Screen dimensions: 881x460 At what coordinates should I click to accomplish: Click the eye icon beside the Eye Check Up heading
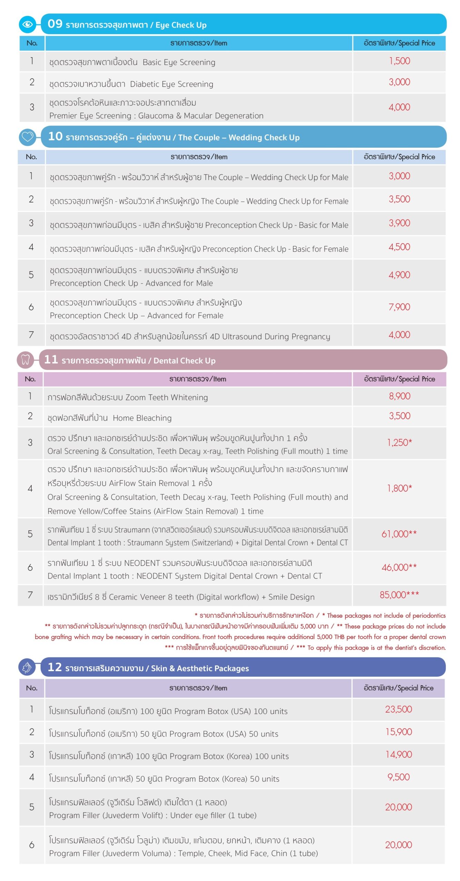click(x=28, y=24)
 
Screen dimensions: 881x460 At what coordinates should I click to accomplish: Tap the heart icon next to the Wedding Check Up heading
click(x=28, y=137)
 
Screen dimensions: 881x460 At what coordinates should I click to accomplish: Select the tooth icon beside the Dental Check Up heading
click(x=25, y=360)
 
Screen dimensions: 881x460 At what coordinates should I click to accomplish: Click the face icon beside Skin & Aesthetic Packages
click(x=27, y=667)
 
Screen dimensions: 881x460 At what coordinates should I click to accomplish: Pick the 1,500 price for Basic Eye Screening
click(x=399, y=61)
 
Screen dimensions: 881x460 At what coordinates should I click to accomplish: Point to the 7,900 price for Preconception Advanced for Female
click(x=399, y=307)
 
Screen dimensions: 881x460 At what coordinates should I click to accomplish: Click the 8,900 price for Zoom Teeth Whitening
click(x=399, y=396)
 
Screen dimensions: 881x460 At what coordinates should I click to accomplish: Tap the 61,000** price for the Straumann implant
click(x=399, y=533)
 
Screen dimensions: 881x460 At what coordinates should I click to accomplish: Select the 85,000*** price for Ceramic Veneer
click(x=399, y=594)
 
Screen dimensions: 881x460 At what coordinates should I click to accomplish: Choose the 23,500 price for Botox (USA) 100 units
click(x=398, y=709)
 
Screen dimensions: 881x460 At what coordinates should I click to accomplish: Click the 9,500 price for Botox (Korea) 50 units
click(x=398, y=777)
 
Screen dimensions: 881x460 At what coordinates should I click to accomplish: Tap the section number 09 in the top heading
click(x=55, y=24)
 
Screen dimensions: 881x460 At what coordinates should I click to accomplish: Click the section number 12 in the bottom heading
click(x=54, y=667)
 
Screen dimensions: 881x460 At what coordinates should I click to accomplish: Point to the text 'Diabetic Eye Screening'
click(x=172, y=84)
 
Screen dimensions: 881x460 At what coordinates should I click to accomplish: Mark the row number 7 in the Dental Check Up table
click(x=30, y=595)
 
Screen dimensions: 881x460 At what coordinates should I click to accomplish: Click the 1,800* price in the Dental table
click(x=399, y=488)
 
